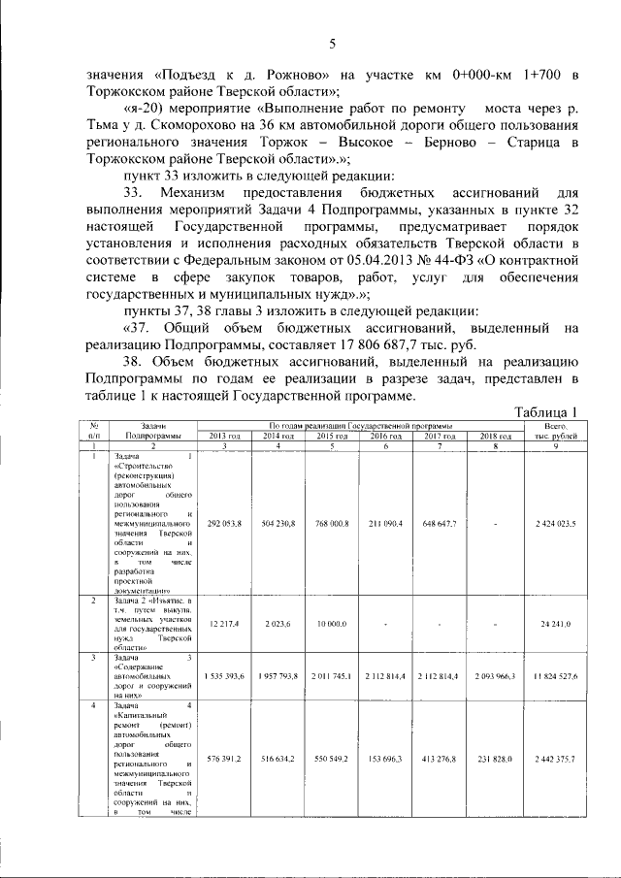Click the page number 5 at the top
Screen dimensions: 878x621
pyautogui.click(x=331, y=43)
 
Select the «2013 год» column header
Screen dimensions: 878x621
pyautogui.click(x=223, y=437)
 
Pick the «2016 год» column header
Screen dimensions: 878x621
pyautogui.click(x=385, y=437)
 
